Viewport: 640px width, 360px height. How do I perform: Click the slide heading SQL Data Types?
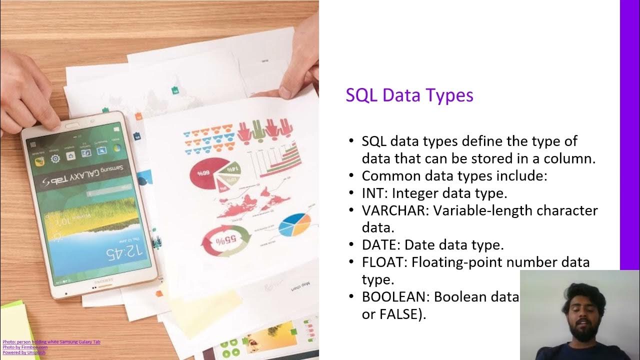click(x=409, y=95)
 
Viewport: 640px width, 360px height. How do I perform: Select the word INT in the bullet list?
click(x=372, y=193)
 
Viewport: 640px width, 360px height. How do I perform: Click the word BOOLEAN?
click(x=395, y=297)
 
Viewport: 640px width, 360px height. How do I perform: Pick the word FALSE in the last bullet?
click(x=398, y=314)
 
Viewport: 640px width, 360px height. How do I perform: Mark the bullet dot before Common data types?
click(x=351, y=176)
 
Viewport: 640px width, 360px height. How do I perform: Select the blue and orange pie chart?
click(x=294, y=225)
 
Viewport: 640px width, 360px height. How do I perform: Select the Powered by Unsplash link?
click(x=24, y=352)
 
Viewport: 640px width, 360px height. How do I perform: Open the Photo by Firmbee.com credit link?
click(x=25, y=347)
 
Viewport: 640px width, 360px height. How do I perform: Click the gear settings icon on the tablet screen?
click(x=55, y=159)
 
